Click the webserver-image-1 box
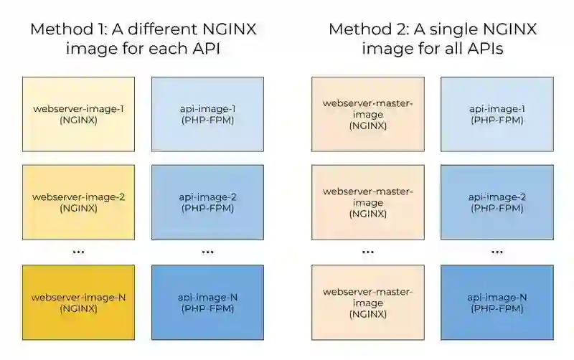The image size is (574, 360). click(x=78, y=114)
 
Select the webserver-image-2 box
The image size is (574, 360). click(x=78, y=202)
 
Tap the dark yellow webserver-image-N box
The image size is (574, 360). click(x=78, y=302)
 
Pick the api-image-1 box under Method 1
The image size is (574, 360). click(x=207, y=114)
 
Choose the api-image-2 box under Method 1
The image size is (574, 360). click(x=207, y=202)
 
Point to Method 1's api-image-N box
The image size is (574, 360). click(x=207, y=302)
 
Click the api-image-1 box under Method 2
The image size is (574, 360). click(x=497, y=114)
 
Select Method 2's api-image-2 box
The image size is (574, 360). click(x=497, y=202)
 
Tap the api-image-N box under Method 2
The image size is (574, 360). click(x=497, y=302)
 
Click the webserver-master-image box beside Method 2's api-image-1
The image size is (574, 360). click(x=367, y=114)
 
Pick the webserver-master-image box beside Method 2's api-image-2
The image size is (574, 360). click(x=367, y=202)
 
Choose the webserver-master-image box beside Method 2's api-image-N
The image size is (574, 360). click(x=367, y=302)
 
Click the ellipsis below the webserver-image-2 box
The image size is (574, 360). click(x=78, y=252)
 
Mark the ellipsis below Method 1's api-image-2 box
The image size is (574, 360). click(x=207, y=252)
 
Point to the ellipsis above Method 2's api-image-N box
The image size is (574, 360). click(x=497, y=252)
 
